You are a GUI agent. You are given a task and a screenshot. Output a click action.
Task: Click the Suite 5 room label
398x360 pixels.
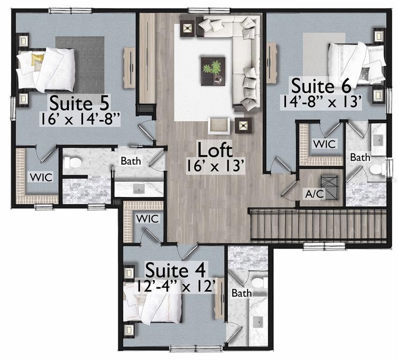79,103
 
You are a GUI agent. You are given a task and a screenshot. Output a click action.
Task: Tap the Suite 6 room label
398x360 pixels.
321,86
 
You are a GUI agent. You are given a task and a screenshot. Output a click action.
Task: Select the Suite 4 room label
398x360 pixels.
175,270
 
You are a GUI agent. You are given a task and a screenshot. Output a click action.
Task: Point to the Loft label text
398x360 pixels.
214,150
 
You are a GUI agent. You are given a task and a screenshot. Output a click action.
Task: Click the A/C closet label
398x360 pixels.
314,194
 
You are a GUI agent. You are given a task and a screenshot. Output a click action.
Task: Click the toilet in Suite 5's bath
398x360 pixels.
72,162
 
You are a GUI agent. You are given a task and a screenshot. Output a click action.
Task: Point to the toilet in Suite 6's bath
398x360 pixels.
377,170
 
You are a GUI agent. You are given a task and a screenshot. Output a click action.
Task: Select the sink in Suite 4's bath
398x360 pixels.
258,322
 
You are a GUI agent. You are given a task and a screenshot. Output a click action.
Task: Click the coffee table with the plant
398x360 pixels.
213,71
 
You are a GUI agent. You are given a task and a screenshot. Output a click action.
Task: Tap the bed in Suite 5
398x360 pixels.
45,69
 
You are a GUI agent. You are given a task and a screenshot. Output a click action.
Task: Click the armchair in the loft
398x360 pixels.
219,125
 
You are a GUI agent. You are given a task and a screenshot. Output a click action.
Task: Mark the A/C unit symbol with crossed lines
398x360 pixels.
329,187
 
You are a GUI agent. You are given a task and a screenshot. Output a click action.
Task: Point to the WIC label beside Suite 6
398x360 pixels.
324,144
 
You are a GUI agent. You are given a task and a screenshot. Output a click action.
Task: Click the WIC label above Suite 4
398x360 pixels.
147,219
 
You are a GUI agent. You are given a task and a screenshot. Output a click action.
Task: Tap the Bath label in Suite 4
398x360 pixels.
241,293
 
